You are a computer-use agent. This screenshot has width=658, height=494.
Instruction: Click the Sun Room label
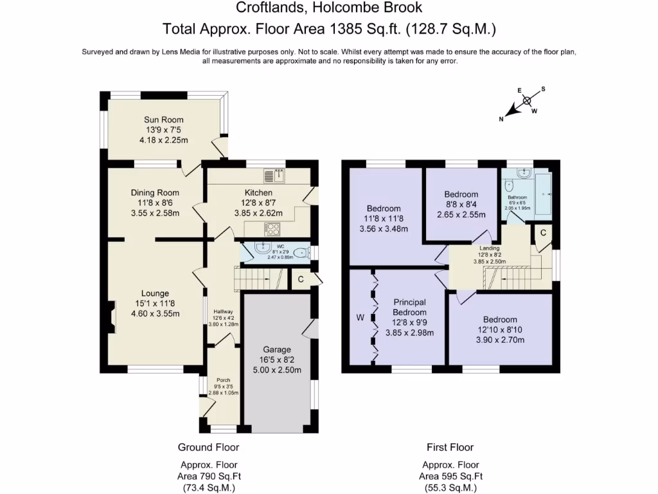[x=163, y=120]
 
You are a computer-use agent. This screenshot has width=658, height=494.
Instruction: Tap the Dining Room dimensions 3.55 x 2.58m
[x=154, y=213]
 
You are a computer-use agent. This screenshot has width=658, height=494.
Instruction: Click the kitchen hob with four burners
[x=272, y=228]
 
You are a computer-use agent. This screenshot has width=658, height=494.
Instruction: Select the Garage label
[x=276, y=349]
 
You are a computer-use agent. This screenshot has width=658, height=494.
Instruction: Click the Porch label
[x=223, y=380]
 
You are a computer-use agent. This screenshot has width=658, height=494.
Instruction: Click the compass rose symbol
[x=527, y=100]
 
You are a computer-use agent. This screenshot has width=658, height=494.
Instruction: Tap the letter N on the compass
[x=502, y=118]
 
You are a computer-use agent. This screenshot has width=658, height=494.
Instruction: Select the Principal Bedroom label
[x=410, y=307]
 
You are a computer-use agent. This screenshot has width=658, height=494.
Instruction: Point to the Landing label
[x=490, y=247]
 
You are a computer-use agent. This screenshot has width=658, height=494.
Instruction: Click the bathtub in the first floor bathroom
[x=544, y=192]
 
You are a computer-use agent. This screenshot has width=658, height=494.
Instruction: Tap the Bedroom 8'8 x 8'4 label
[x=461, y=194]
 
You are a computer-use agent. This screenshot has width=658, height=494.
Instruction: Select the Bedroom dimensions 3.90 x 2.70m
[x=500, y=340]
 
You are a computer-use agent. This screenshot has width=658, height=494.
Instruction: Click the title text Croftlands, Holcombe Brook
[x=329, y=8]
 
